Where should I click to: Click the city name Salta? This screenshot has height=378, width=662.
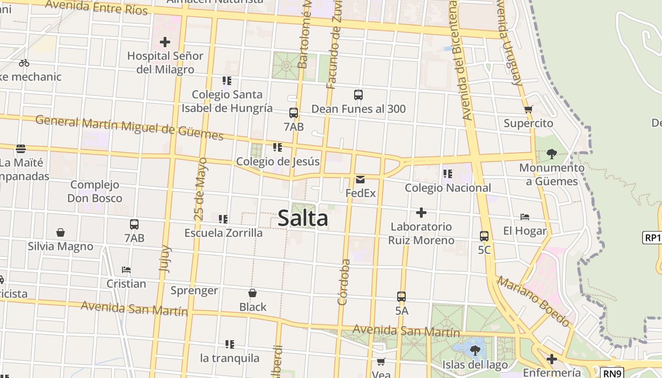(x=303, y=218)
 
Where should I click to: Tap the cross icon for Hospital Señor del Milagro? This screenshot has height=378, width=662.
(x=165, y=42)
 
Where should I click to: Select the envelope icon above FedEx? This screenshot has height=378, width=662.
(x=360, y=179)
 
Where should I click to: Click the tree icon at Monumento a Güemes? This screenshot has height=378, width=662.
(x=551, y=154)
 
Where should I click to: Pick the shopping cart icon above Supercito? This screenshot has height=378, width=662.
(x=528, y=109)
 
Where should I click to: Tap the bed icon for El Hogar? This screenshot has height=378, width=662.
(x=524, y=217)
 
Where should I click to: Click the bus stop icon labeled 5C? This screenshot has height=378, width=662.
(x=484, y=236)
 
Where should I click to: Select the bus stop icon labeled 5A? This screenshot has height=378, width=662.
(x=401, y=297)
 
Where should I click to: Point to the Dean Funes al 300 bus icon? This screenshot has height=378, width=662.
(x=358, y=95)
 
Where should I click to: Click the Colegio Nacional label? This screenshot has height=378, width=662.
(x=447, y=188)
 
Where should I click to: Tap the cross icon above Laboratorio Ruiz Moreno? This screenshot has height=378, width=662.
(x=421, y=213)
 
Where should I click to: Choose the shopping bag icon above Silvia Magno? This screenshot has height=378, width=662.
(x=60, y=232)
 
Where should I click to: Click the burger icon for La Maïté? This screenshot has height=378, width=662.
(x=20, y=149)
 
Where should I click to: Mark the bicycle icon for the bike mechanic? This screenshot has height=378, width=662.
(x=24, y=63)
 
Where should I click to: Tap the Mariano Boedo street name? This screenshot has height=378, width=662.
(x=533, y=301)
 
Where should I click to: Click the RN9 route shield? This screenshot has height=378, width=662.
(x=612, y=373)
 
